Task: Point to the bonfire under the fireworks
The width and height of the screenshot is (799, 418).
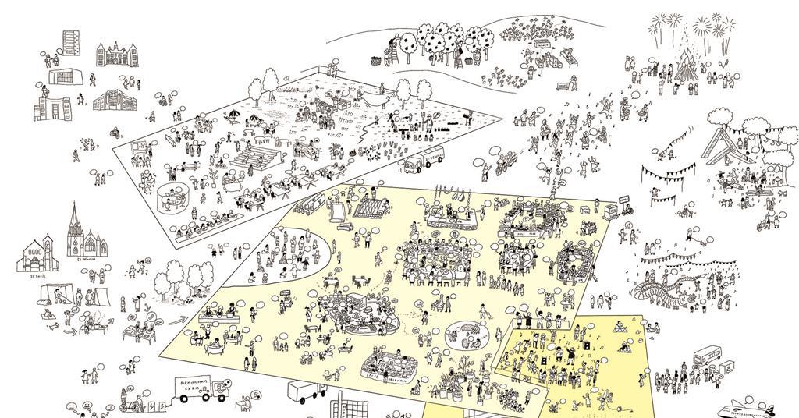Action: coord(685,58)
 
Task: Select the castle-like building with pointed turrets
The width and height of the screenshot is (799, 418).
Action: coord(112,55)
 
